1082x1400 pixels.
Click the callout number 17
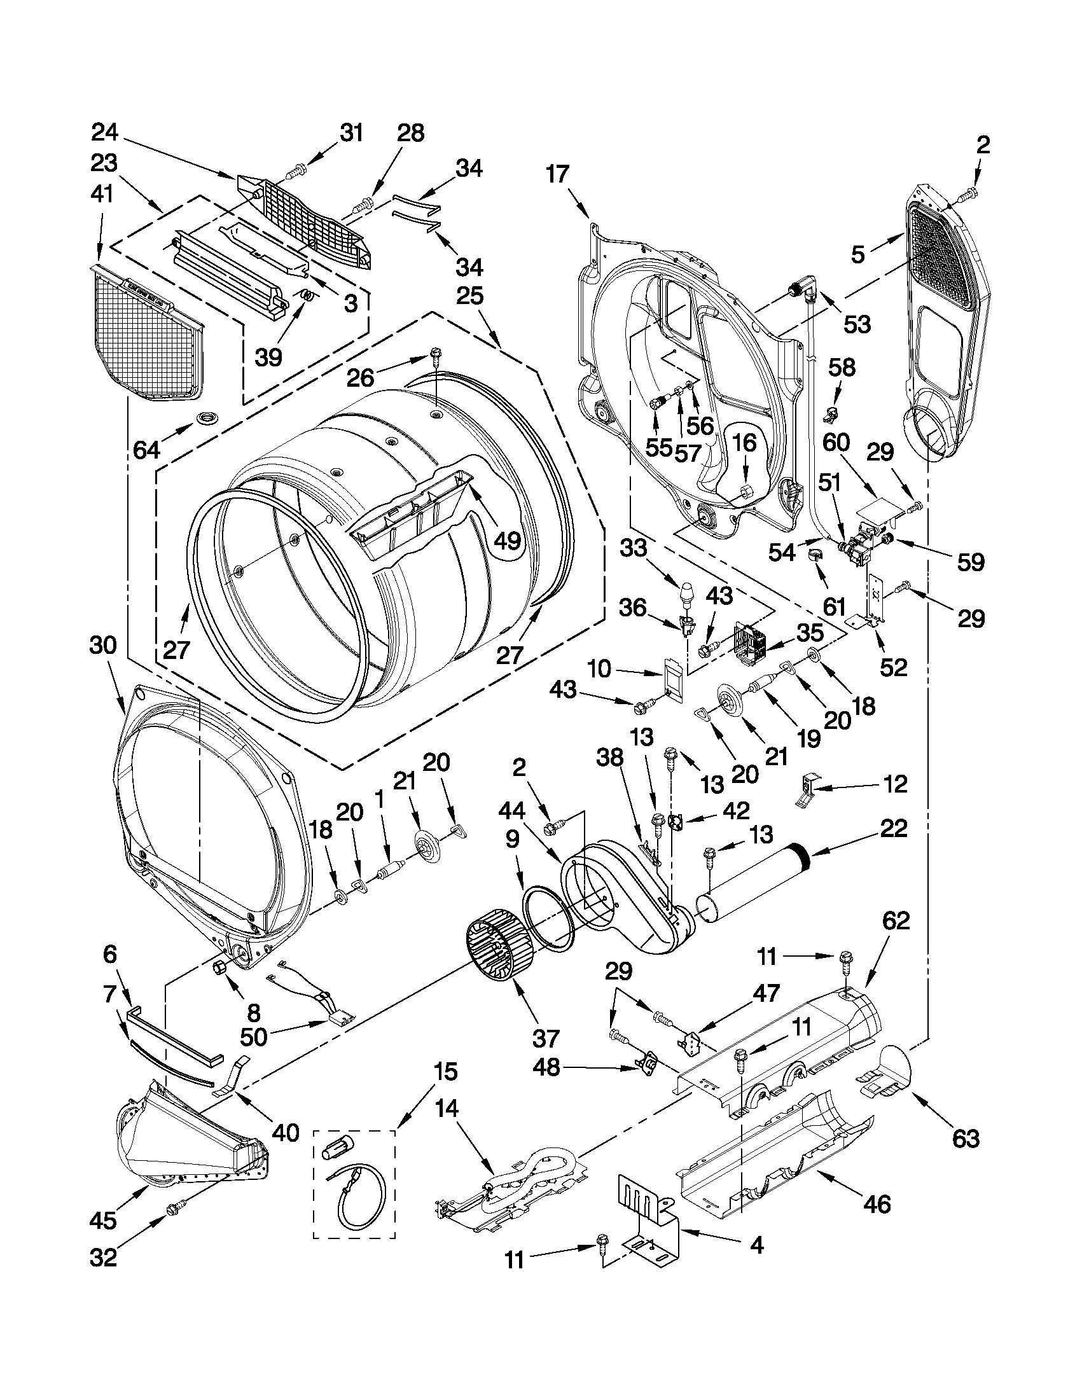[x=557, y=174]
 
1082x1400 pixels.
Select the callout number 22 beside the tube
[x=894, y=828]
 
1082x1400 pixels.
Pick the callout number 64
[x=146, y=450]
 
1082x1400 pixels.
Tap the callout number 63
[x=966, y=1138]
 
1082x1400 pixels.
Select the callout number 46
[x=877, y=1205]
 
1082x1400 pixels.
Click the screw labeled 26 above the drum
[x=436, y=354]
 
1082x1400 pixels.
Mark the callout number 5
[x=857, y=254]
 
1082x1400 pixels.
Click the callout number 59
[x=970, y=562]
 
